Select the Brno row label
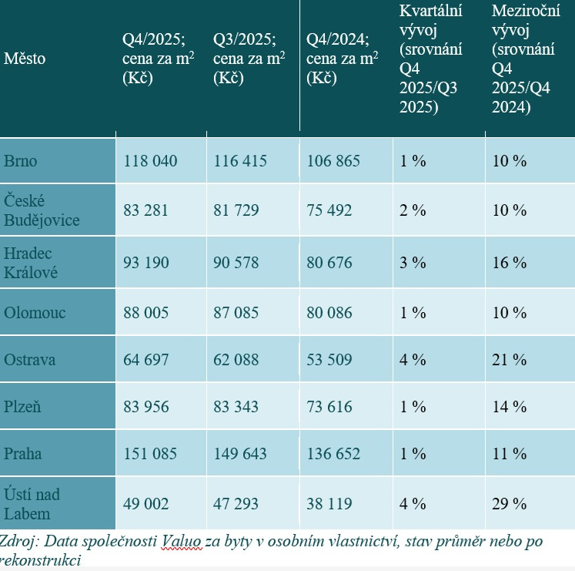click(21, 161)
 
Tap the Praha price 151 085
click(151, 454)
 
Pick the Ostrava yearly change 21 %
click(510, 360)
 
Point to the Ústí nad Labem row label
click(32, 503)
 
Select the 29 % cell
click(510, 504)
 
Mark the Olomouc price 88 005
click(150, 313)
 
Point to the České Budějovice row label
click(40, 210)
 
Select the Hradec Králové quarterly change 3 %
click(413, 263)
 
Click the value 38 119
click(329, 504)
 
